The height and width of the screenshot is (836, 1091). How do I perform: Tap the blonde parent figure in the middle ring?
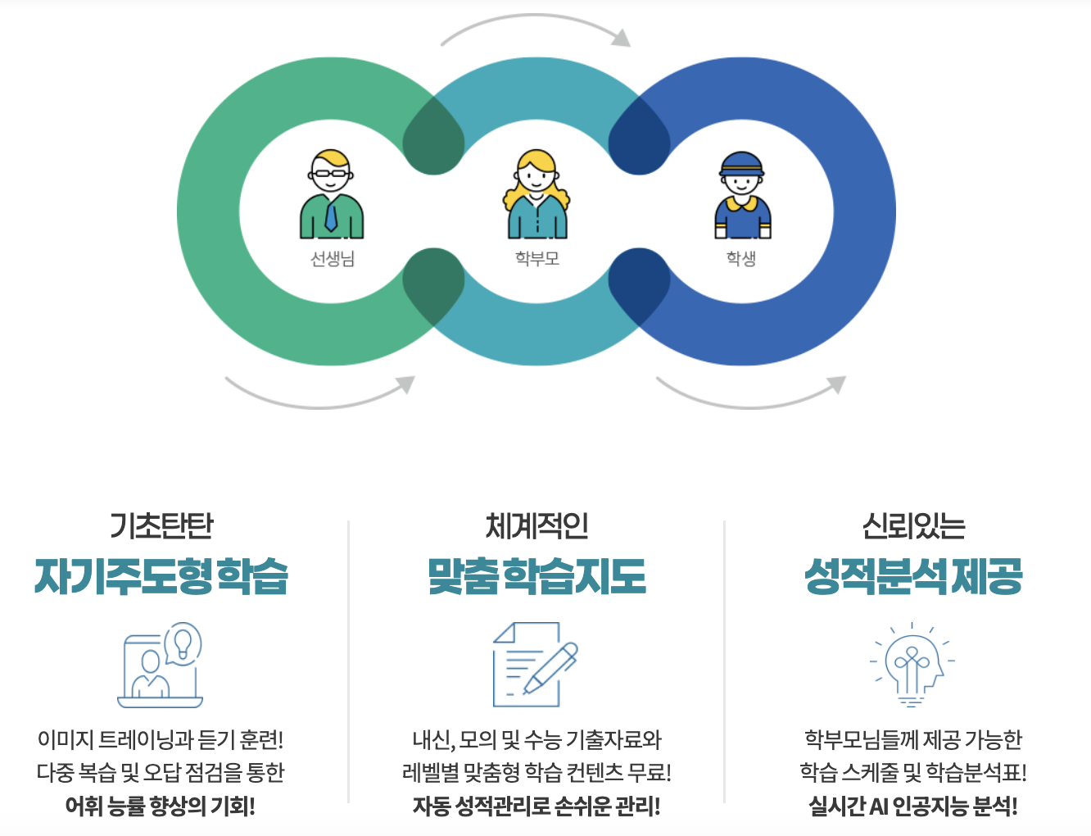(536, 194)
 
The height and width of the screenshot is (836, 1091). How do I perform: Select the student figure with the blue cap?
(742, 195)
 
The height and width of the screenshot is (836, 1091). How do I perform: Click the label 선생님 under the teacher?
(332, 259)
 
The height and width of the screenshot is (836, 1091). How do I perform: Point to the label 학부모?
(536, 258)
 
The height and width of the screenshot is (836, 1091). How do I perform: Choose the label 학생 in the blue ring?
(741, 258)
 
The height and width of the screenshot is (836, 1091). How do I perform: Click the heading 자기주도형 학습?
(161, 576)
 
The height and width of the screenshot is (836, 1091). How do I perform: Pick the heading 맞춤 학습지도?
(536, 576)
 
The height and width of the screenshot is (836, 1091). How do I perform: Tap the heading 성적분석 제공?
(913, 576)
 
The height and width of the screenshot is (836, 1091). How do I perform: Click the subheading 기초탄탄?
(161, 525)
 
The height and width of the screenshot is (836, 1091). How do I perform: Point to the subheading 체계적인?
(536, 525)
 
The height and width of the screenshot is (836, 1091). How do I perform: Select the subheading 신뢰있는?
(913, 525)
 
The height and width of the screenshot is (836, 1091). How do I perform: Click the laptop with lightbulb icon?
(161, 665)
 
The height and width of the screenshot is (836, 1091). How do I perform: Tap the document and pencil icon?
(535, 665)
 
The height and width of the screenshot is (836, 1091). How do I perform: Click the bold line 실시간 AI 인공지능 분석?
(913, 806)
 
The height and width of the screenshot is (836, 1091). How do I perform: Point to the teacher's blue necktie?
(330, 217)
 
